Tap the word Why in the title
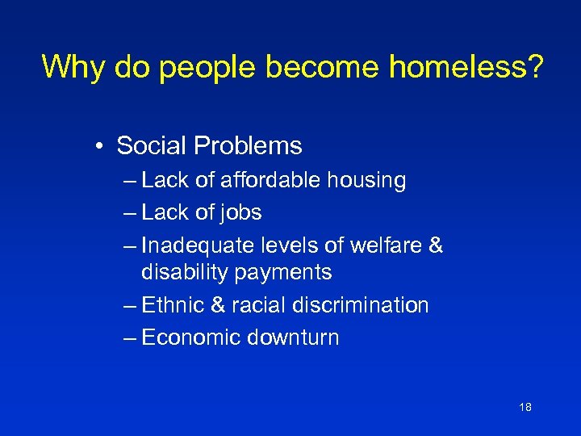[x=73, y=67]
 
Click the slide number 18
[x=525, y=408]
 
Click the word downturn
[x=292, y=337]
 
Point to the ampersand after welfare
[x=436, y=245]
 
